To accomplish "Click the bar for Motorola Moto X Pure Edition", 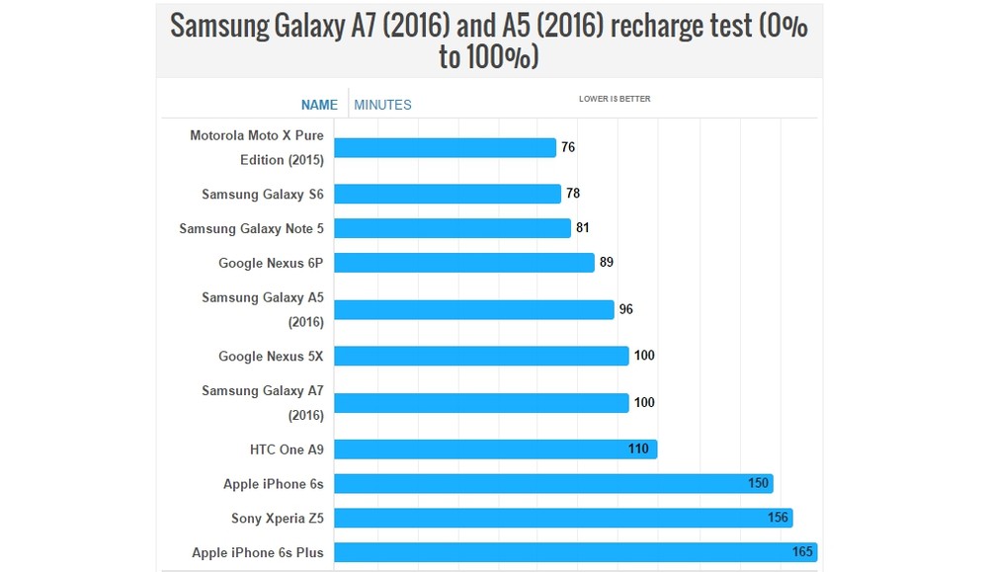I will [x=445, y=147].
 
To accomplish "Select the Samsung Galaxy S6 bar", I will [x=448, y=194].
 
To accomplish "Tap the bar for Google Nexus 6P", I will [x=464, y=263].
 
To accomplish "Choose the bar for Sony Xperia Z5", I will [x=563, y=518].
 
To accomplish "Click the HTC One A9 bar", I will [x=495, y=449].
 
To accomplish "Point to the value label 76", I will [x=568, y=147].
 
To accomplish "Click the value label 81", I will [x=583, y=228].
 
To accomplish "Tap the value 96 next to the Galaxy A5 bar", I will [x=625, y=309].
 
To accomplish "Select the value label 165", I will [x=802, y=552].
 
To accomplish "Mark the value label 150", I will [x=758, y=484].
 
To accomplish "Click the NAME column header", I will [x=319, y=105].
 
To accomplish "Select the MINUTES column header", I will [x=382, y=105].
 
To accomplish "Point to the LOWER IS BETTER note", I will [x=615, y=99].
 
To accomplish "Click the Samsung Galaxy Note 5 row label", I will [x=251, y=228].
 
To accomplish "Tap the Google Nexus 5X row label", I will [x=271, y=356].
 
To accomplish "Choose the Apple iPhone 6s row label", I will [x=273, y=484].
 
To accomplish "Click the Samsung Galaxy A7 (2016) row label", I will [x=263, y=402].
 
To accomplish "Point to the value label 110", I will [x=638, y=449].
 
